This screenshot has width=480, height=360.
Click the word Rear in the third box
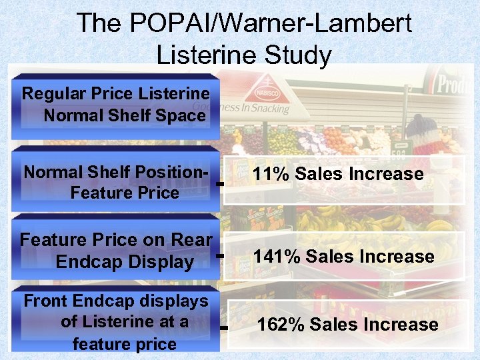[194, 239]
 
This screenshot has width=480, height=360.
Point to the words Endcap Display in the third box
[125, 262]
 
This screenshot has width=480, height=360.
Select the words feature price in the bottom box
[125, 344]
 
